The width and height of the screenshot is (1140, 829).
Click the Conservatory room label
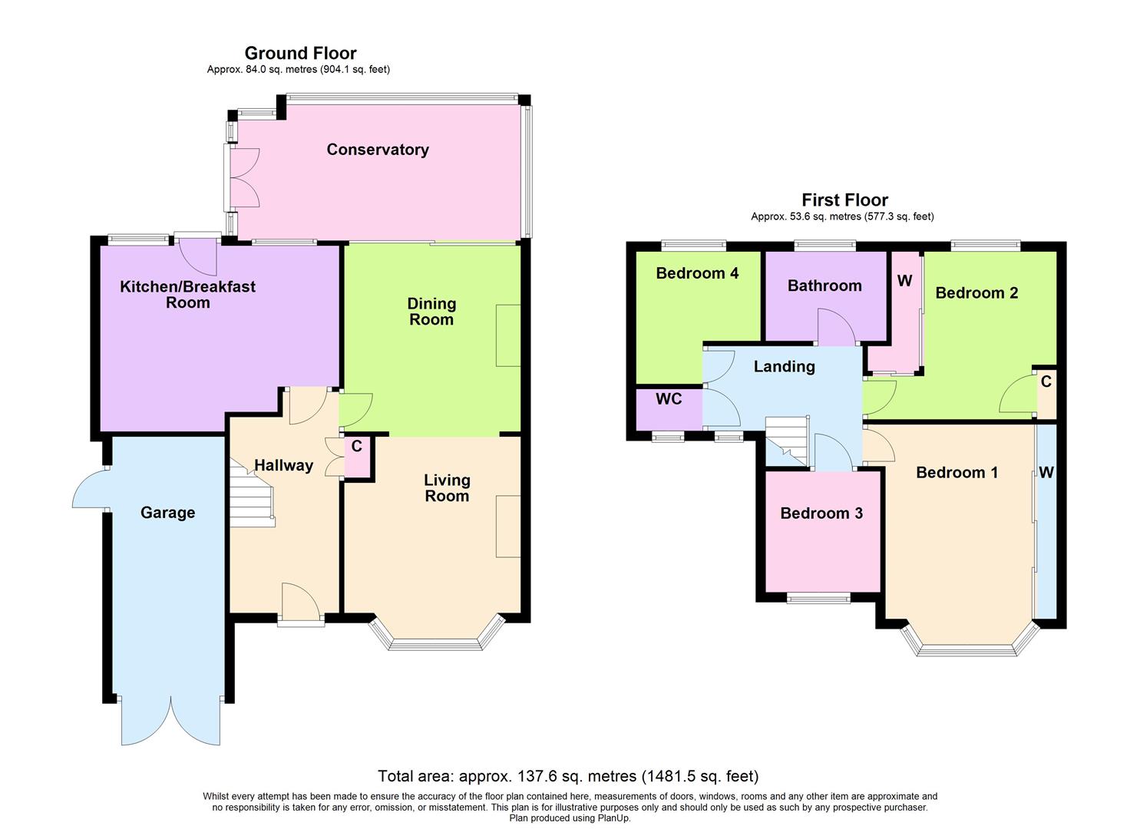[377, 150]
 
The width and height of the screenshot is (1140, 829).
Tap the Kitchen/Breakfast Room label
[187, 295]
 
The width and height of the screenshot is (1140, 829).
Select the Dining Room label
[431, 312]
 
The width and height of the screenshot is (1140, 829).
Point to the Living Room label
[447, 488]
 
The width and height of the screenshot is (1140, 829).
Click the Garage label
[167, 513]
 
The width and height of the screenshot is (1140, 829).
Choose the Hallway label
[283, 465]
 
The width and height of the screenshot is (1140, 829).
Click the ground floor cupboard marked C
[357, 457]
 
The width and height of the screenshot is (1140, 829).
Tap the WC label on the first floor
[669, 399]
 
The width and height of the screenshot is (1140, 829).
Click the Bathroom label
[824, 286]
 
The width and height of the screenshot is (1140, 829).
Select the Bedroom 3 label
[821, 514]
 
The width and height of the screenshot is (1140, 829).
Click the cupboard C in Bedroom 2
[1046, 392]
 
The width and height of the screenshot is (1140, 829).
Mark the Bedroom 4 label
[697, 273]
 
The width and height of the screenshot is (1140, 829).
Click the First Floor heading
[844, 200]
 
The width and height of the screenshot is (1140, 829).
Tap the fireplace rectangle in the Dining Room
[508, 335]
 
